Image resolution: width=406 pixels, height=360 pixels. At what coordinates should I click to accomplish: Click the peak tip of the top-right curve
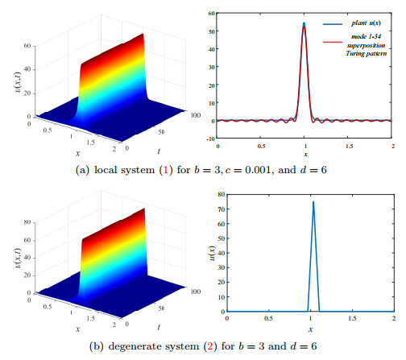click(304, 24)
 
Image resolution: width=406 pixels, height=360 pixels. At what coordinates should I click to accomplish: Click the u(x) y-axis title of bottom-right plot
click(212, 254)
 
